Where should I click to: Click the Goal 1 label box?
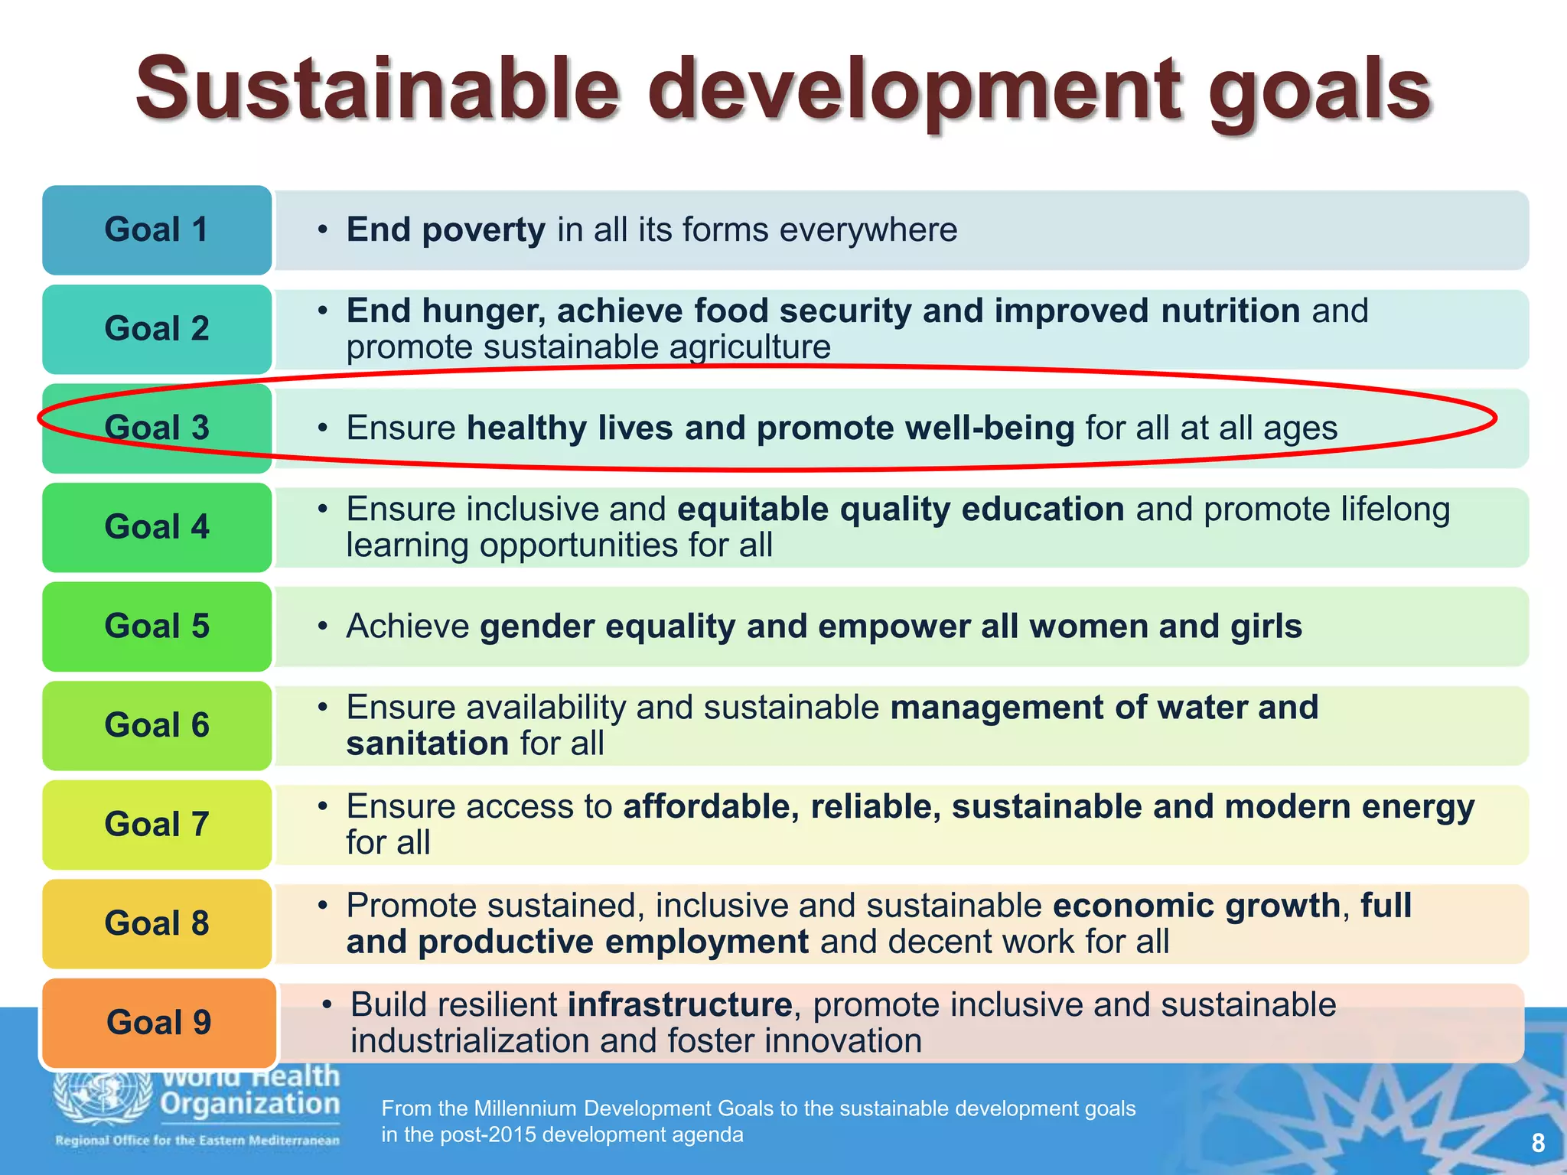(x=157, y=230)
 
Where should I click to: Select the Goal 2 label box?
(x=157, y=329)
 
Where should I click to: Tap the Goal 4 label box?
(x=157, y=527)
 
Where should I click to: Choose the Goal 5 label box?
(x=157, y=627)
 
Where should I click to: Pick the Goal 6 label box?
(x=157, y=725)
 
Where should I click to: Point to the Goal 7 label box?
(x=157, y=825)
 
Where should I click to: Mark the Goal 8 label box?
(x=157, y=923)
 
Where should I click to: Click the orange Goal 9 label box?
(x=158, y=1023)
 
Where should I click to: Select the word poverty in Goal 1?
(x=484, y=229)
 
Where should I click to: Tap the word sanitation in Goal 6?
(x=427, y=744)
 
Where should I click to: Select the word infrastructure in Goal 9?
(x=679, y=1004)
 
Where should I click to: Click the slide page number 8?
(x=1538, y=1144)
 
